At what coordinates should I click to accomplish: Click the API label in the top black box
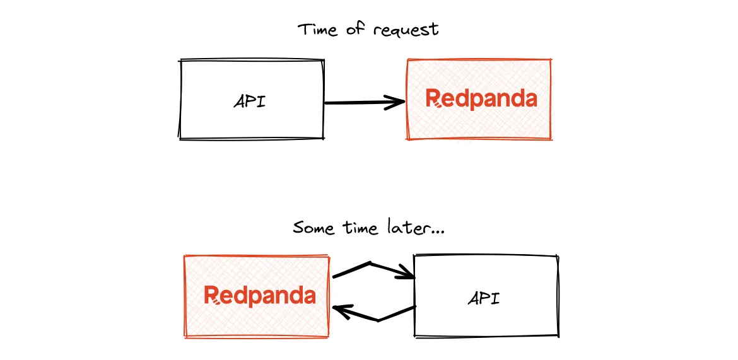[250, 102]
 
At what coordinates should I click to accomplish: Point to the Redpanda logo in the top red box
[481, 100]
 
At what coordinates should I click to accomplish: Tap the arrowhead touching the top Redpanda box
[397, 102]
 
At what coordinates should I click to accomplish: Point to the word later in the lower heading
[406, 227]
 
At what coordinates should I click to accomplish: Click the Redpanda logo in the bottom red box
[259, 296]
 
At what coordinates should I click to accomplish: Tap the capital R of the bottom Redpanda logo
[211, 295]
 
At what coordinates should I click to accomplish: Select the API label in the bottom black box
[484, 298]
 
